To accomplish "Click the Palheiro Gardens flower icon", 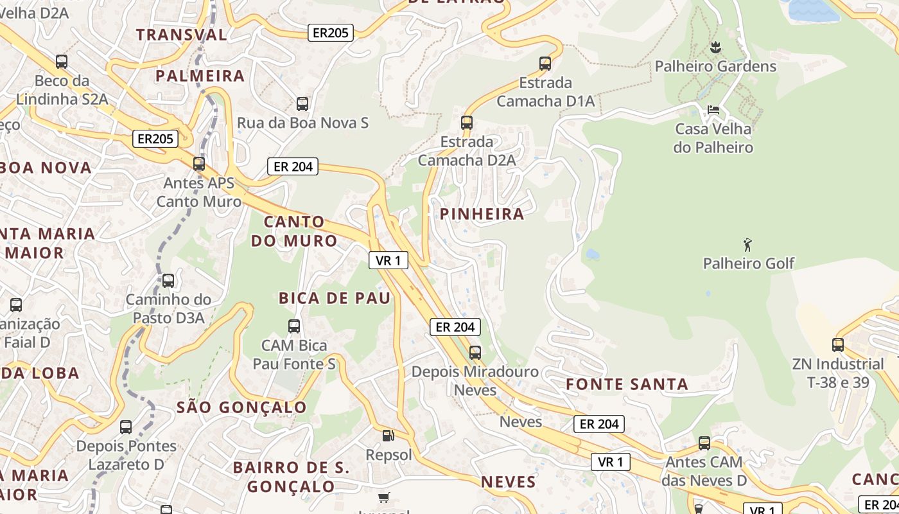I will (716, 47).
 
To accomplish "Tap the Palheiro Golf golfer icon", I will (747, 244).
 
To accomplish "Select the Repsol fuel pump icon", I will (388, 436).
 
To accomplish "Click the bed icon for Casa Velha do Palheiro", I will (713, 110).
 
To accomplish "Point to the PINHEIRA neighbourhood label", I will (482, 214).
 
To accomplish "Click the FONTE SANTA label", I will (627, 385).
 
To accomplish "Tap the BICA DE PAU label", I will (334, 298).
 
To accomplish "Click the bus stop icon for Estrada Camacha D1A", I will (545, 63).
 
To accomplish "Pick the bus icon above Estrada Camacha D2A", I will (467, 122).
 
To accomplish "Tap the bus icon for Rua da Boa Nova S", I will (302, 103).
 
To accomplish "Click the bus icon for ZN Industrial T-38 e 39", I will (838, 344).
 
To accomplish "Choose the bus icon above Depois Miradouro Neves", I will (475, 352).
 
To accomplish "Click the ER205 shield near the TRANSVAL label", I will (331, 33).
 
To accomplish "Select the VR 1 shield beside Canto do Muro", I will (388, 260).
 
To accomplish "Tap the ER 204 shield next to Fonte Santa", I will (599, 424).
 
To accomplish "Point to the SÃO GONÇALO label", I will (241, 407).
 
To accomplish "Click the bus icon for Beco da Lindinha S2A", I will (62, 62).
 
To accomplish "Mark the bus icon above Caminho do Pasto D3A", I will (168, 280).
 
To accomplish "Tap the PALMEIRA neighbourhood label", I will (200, 76).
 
